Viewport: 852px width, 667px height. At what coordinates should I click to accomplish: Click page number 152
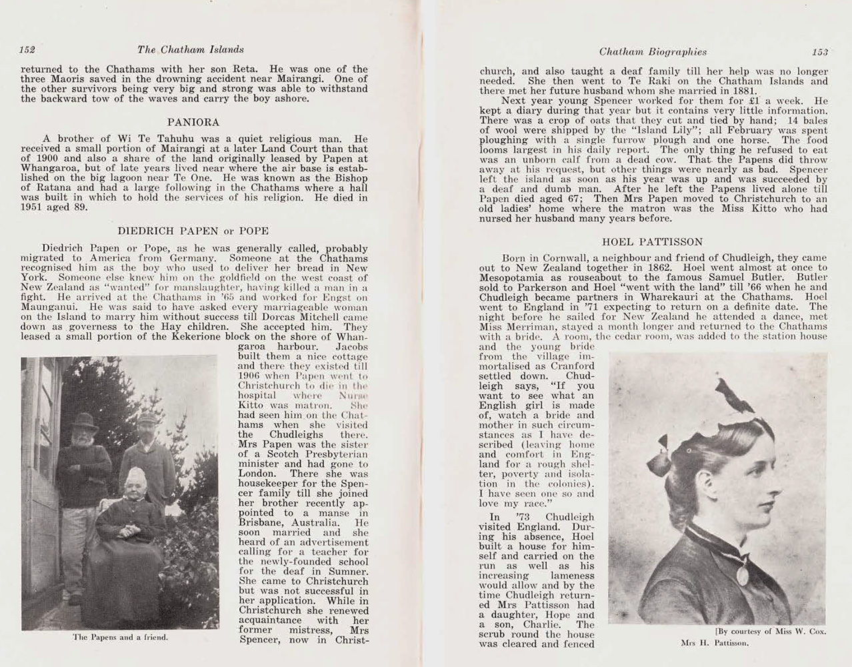pos(27,49)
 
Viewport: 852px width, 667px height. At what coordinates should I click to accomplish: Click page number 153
pos(819,51)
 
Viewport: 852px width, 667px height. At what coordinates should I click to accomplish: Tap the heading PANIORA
pos(193,123)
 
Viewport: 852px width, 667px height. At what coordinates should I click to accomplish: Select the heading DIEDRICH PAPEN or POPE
pos(193,231)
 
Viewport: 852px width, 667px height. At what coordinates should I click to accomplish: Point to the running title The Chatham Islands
pos(190,49)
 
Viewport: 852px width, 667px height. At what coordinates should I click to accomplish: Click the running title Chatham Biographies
pos(653,51)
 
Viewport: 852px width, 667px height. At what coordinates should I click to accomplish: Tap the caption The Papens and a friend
pos(120,637)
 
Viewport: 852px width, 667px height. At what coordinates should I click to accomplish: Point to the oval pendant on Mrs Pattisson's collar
pos(742,575)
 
